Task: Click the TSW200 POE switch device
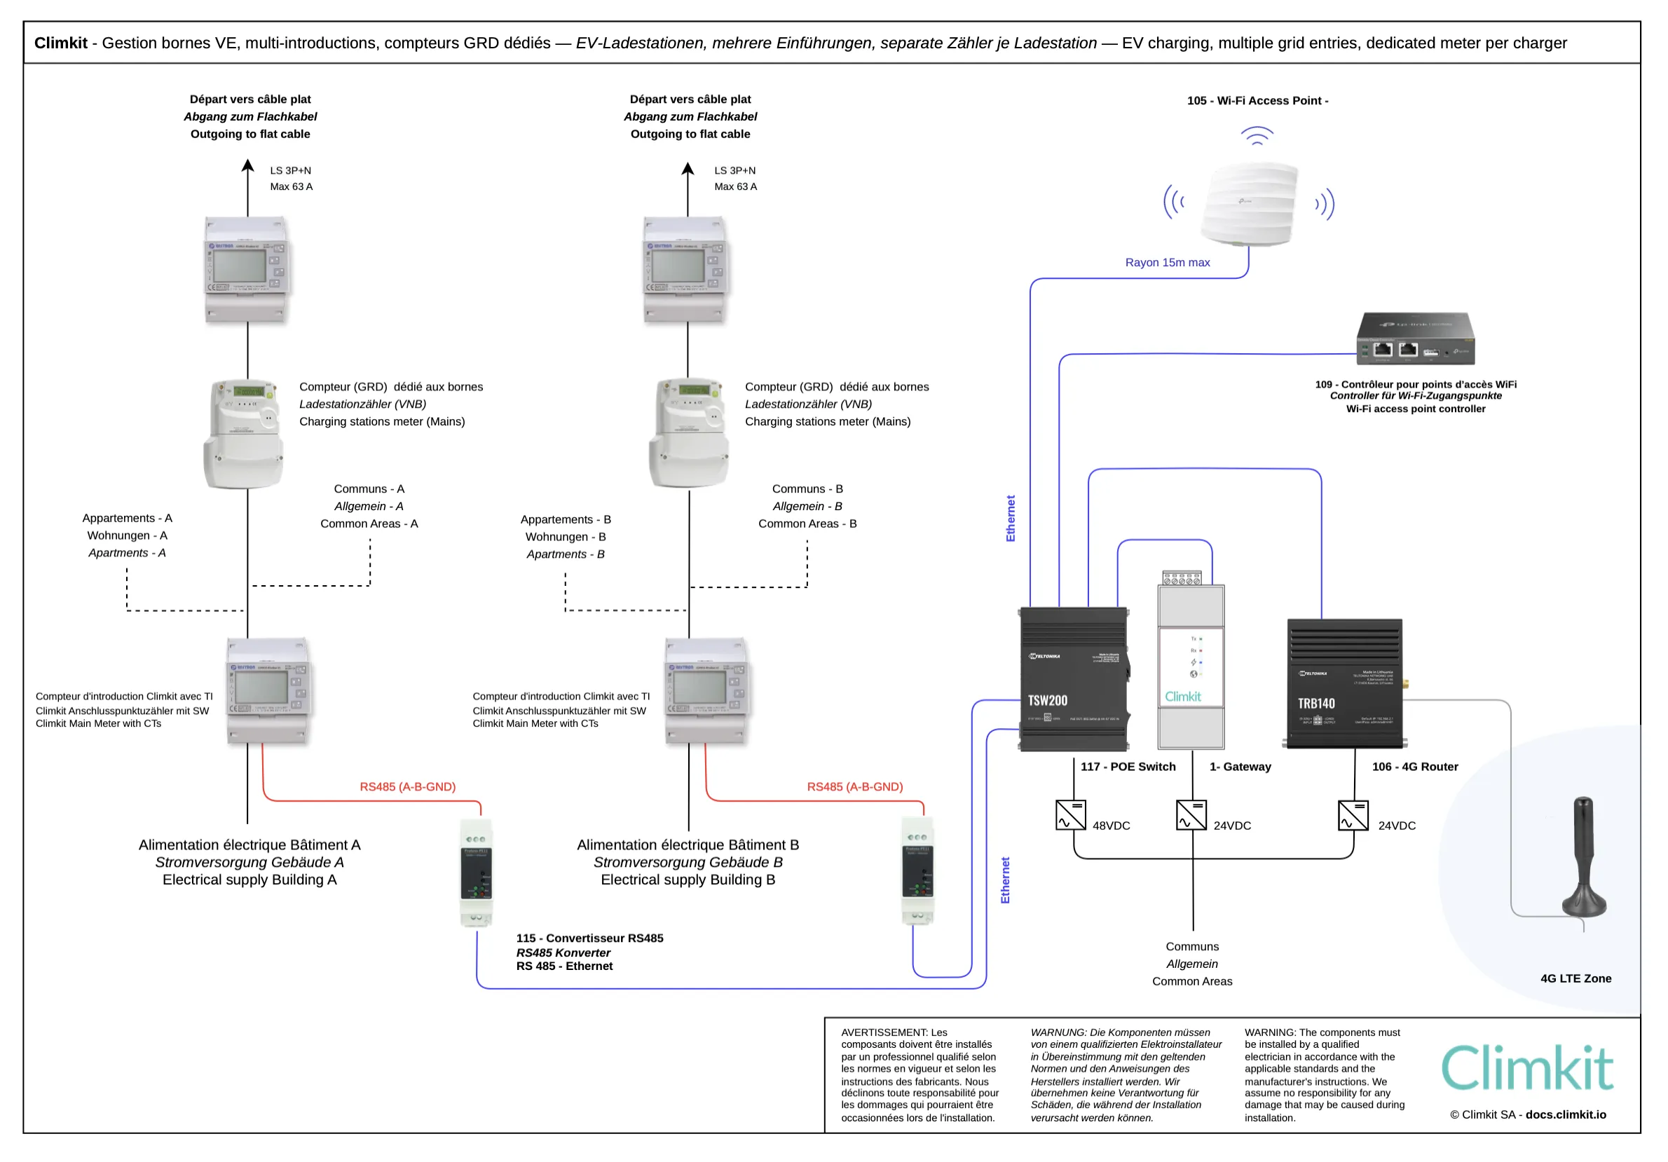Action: [1074, 679]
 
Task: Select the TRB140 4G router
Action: [1345, 684]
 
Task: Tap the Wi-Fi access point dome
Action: [1250, 203]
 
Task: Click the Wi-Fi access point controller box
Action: [1415, 339]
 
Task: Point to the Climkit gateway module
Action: [1191, 667]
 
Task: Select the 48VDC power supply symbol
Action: [1071, 815]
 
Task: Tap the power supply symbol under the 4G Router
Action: [1353, 815]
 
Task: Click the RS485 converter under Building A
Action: [477, 872]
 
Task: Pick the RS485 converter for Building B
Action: [917, 870]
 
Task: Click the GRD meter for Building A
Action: [243, 433]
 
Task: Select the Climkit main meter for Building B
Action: [706, 691]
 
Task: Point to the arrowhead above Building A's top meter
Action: [247, 166]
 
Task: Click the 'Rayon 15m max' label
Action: [1167, 262]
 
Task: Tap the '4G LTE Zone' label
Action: [1575, 978]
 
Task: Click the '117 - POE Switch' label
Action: [1128, 767]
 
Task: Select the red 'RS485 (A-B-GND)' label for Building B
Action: [854, 786]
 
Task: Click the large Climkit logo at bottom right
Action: [1527, 1068]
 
